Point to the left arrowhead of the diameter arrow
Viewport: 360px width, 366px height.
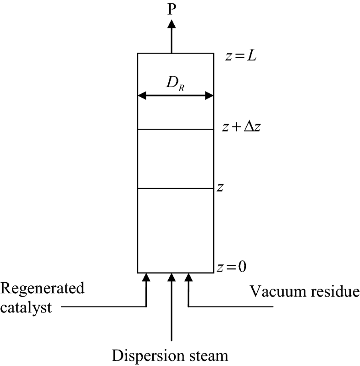point(142,96)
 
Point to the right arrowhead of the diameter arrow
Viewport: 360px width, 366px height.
point(210,96)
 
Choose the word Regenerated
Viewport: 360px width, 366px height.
point(43,289)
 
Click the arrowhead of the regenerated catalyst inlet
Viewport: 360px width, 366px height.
point(146,276)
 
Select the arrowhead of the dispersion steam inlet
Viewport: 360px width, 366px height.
point(172,276)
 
